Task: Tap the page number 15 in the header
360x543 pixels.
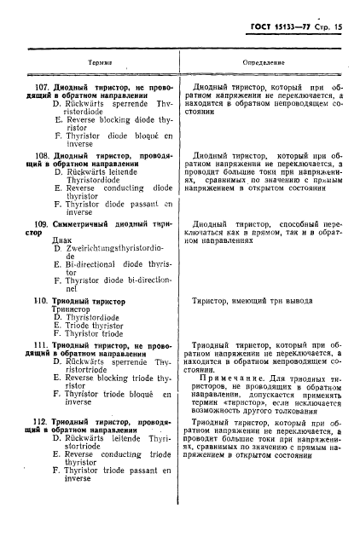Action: tap(345, 27)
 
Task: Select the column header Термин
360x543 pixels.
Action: tap(102, 63)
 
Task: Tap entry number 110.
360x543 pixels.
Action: tap(38, 301)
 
